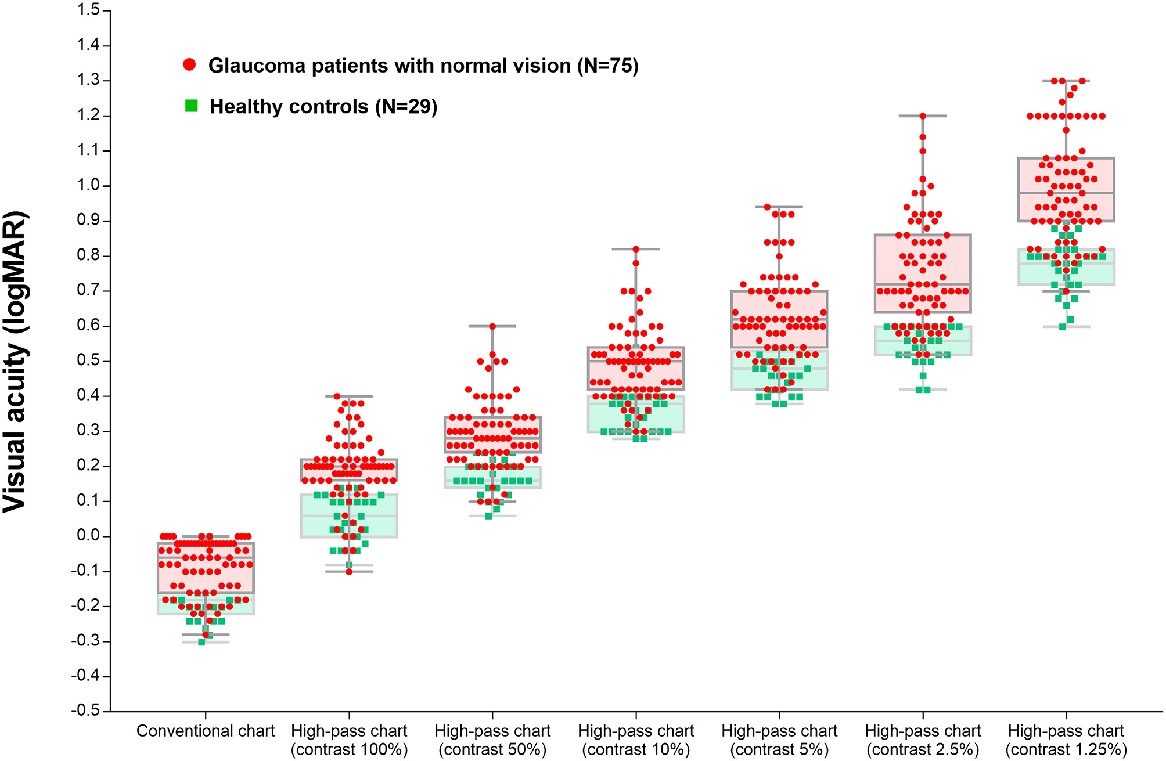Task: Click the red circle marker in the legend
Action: [189, 65]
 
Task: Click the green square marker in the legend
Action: [191, 106]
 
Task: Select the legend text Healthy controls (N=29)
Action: [323, 107]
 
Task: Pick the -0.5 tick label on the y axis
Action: [87, 711]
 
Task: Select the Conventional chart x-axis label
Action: [206, 731]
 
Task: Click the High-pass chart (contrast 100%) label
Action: [349, 740]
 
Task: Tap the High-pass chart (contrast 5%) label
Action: [779, 740]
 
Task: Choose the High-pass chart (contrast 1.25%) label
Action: [1066, 740]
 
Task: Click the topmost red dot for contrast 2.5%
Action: [923, 116]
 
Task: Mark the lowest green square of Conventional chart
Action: [201, 642]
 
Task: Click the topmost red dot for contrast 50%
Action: [492, 326]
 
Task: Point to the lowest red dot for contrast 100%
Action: [349, 572]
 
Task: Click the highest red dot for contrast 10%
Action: [636, 249]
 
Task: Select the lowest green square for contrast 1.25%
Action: [1063, 327]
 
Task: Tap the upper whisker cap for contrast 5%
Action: [779, 207]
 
